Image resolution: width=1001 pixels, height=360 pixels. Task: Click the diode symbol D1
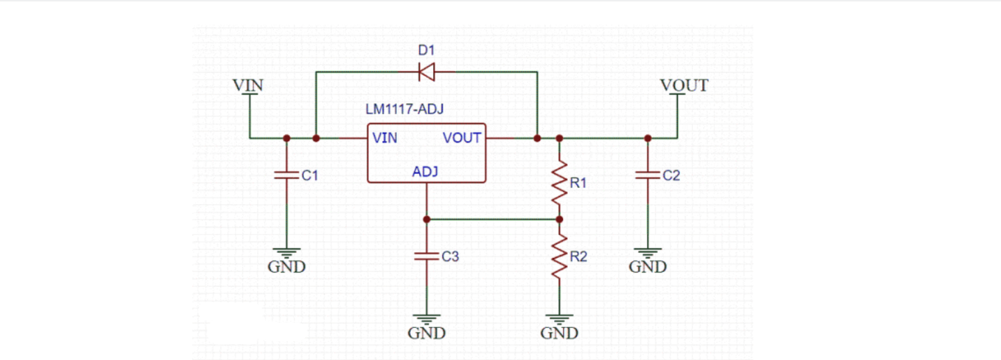pyautogui.click(x=426, y=71)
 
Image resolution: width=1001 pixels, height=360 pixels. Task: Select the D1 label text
pyautogui.click(x=425, y=51)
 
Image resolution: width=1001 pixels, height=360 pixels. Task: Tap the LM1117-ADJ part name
pyautogui.click(x=405, y=110)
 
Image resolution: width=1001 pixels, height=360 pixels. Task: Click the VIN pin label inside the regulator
pyautogui.click(x=384, y=138)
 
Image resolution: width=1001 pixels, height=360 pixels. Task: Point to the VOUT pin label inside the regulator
pyautogui.click(x=462, y=138)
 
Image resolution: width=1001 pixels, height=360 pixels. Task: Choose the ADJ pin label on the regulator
pyautogui.click(x=425, y=172)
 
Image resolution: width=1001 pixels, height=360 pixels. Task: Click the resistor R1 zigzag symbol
pyautogui.click(x=560, y=182)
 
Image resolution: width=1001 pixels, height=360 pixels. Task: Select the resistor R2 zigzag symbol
pyautogui.click(x=560, y=257)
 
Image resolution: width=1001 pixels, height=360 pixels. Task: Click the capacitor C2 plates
pyautogui.click(x=648, y=176)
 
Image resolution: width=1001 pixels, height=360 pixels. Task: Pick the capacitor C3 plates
pyautogui.click(x=427, y=256)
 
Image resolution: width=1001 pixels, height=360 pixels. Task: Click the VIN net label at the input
pyautogui.click(x=248, y=85)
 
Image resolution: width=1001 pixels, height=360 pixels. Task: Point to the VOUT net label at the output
pyautogui.click(x=684, y=85)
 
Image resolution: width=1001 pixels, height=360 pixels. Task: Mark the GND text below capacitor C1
pyautogui.click(x=286, y=267)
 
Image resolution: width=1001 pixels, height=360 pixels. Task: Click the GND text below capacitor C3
pyautogui.click(x=427, y=334)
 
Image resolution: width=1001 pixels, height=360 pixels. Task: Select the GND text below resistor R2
pyautogui.click(x=560, y=334)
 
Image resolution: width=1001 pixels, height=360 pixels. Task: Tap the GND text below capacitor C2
pyautogui.click(x=648, y=267)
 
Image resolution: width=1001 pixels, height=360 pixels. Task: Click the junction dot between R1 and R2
pyautogui.click(x=560, y=219)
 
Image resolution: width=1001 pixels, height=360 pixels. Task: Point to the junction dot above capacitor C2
pyautogui.click(x=648, y=138)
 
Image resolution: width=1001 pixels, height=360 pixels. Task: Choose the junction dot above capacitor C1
pyautogui.click(x=286, y=138)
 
